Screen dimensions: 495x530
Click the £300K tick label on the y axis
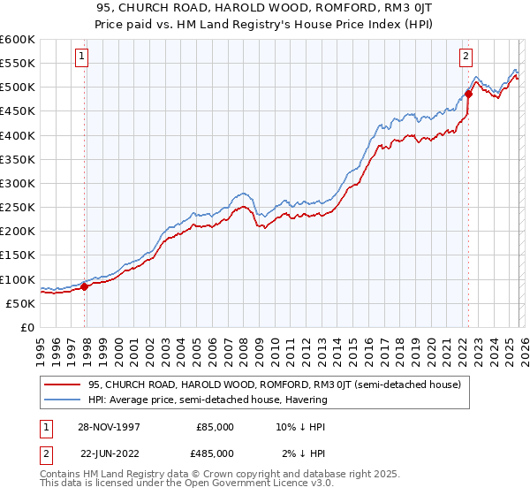pos(17,184)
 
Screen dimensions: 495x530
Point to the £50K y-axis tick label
pos(19,303)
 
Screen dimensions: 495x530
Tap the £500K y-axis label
pos(17,88)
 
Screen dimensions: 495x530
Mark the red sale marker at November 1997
pos(85,286)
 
